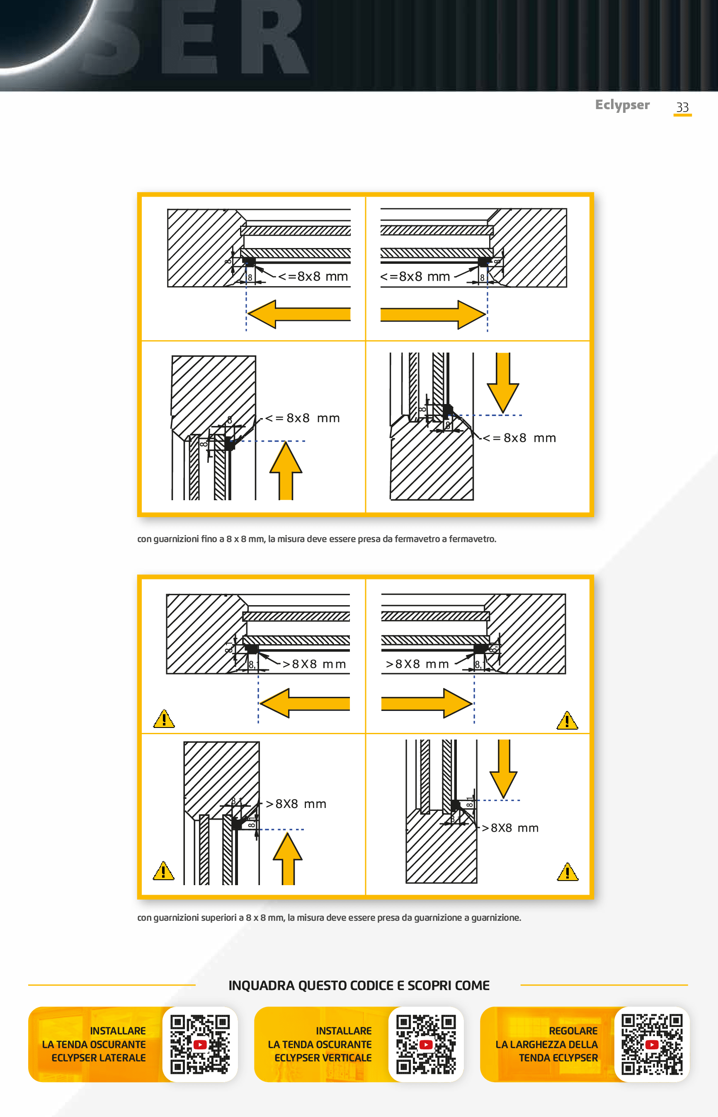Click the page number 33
(682, 107)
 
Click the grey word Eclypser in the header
(622, 105)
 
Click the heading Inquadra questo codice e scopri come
(359, 986)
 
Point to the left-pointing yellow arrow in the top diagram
(298, 314)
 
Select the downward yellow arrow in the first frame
(502, 382)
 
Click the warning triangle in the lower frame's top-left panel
(164, 719)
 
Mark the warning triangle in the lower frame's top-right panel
(567, 721)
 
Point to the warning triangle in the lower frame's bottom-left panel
(163, 871)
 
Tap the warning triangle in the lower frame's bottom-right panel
(568, 872)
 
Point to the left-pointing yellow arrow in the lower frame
(305, 703)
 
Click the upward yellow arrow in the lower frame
(288, 859)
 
